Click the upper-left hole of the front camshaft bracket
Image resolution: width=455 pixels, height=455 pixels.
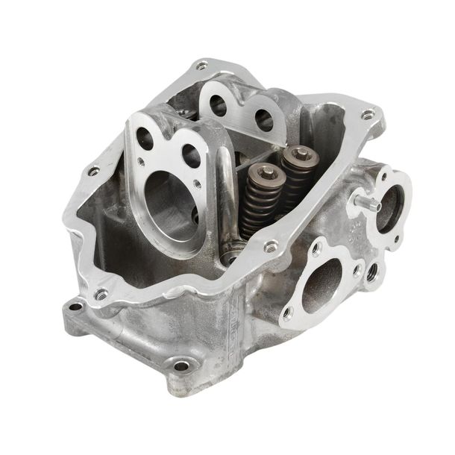(x=145, y=138)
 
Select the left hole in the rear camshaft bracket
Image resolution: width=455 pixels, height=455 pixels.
(x=218, y=106)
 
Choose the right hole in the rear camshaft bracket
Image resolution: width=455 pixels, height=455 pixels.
(x=263, y=119)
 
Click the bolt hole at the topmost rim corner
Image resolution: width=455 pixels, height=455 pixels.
(x=201, y=66)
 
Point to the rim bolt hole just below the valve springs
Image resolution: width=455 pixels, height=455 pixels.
(x=271, y=245)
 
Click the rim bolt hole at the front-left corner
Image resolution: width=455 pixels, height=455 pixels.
(x=101, y=294)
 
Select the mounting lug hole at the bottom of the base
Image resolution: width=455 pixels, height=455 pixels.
(x=181, y=365)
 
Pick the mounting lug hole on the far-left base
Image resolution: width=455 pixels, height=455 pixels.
(x=75, y=306)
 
